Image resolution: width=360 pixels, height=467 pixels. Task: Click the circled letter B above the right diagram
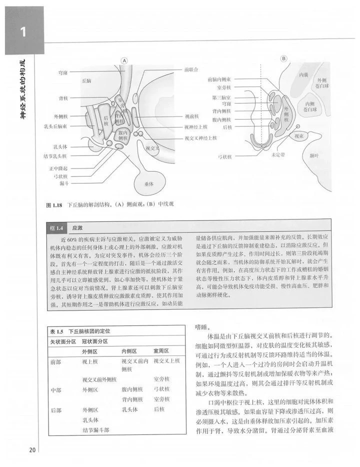tap(283, 59)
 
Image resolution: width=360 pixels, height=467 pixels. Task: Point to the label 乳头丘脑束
tap(55, 126)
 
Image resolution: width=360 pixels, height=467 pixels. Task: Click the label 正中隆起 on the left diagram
tap(58, 169)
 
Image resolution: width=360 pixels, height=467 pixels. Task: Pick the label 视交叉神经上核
tap(201, 137)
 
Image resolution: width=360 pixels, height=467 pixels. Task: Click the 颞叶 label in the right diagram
tap(314, 156)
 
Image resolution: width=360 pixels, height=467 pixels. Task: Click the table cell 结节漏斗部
tap(96, 429)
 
